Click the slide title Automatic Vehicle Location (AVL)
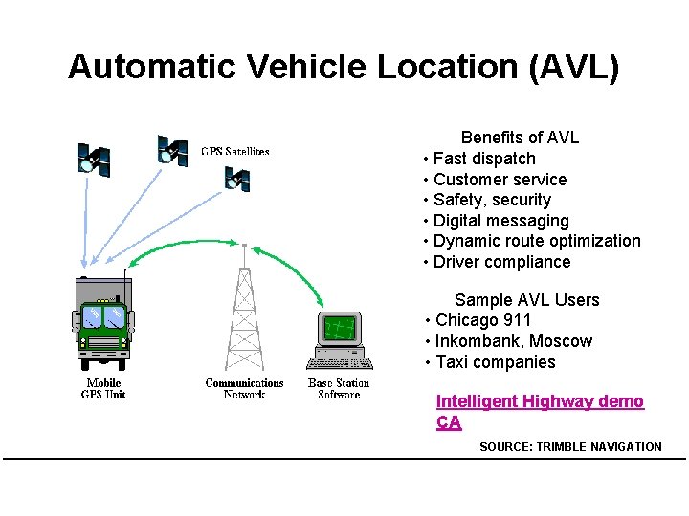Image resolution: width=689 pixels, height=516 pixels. (344, 67)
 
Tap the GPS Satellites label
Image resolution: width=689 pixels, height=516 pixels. (235, 151)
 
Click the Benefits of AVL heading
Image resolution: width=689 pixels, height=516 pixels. (520, 138)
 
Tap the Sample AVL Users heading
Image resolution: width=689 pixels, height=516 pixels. (526, 300)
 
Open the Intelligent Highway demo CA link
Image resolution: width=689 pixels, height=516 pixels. (540, 402)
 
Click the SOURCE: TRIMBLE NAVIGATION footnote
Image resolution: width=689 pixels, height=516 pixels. (570, 446)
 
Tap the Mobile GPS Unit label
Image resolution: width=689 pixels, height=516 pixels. (103, 389)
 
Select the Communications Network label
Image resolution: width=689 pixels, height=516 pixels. (244, 389)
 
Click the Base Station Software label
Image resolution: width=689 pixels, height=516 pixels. (339, 389)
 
